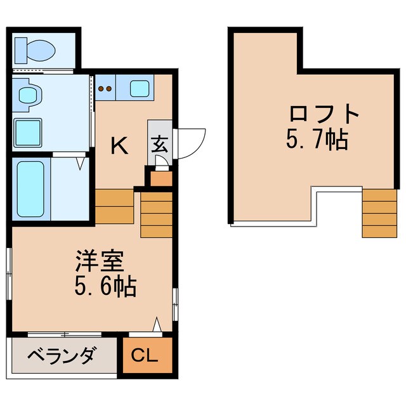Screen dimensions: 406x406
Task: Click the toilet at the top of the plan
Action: click(x=40, y=48)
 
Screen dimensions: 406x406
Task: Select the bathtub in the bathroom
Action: click(x=31, y=188)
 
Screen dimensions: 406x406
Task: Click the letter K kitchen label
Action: click(x=120, y=147)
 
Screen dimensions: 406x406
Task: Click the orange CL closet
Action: click(x=146, y=356)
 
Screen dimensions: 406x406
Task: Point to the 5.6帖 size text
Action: click(x=105, y=287)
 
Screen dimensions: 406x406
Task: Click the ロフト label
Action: click(x=324, y=115)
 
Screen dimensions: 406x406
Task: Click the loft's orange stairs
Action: click(x=379, y=213)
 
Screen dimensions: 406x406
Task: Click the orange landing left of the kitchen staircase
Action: click(x=115, y=206)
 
